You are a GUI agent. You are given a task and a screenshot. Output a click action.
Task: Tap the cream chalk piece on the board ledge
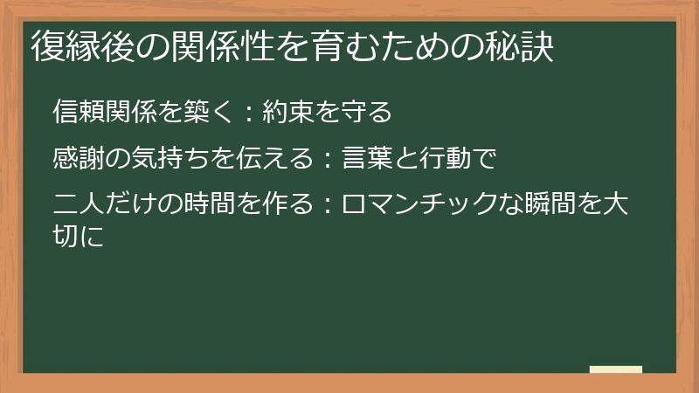(616, 369)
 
